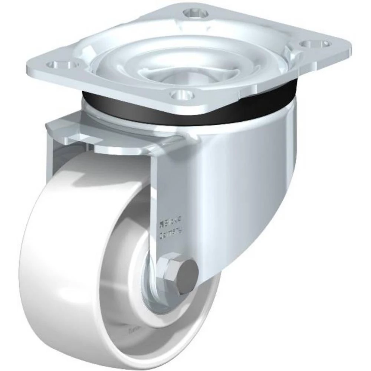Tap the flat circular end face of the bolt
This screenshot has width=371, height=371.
coord(185,276)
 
